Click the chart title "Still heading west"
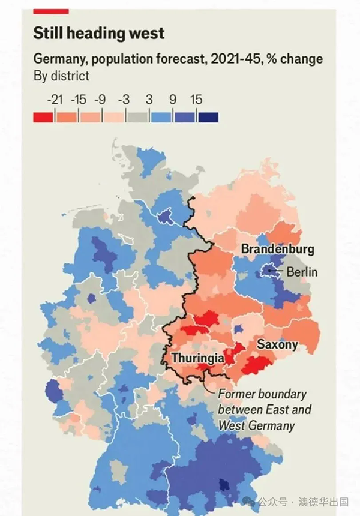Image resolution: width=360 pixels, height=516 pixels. pyautogui.click(x=99, y=33)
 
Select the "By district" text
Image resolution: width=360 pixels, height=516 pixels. pyautogui.click(x=61, y=76)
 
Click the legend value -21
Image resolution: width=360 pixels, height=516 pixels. pyautogui.click(x=55, y=100)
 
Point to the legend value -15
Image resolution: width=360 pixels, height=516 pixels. pyautogui.click(x=79, y=100)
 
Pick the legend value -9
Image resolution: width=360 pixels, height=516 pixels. pyautogui.click(x=102, y=100)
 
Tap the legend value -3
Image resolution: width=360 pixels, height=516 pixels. pyautogui.click(x=126, y=100)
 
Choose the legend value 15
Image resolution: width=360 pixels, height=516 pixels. pyautogui.click(x=196, y=100)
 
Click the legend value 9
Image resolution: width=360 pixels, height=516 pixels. pyautogui.click(x=172, y=100)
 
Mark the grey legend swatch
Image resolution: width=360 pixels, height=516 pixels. pyautogui.click(x=137, y=117)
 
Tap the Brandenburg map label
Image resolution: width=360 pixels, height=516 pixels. pyautogui.click(x=277, y=249)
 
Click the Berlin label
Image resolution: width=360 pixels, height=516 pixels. pyautogui.click(x=302, y=272)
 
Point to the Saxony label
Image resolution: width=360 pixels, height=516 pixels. pyautogui.click(x=277, y=344)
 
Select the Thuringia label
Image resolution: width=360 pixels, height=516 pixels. pyautogui.click(x=197, y=358)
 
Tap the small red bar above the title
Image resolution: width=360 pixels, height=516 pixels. pyautogui.click(x=51, y=10)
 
